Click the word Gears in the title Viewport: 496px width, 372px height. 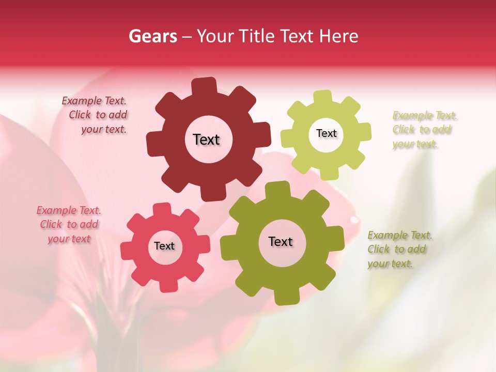pyautogui.click(x=153, y=36)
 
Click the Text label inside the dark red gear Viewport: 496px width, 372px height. pyautogui.click(x=206, y=139)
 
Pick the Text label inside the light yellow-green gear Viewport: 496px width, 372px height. pyautogui.click(x=326, y=133)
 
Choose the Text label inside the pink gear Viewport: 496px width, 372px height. pyautogui.click(x=164, y=246)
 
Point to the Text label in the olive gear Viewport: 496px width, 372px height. pyautogui.click(x=281, y=241)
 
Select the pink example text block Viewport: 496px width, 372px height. pyautogui.click(x=69, y=224)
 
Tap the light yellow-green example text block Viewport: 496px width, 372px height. pyautogui.click(x=424, y=130)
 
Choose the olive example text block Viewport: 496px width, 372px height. pyautogui.click(x=399, y=250)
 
